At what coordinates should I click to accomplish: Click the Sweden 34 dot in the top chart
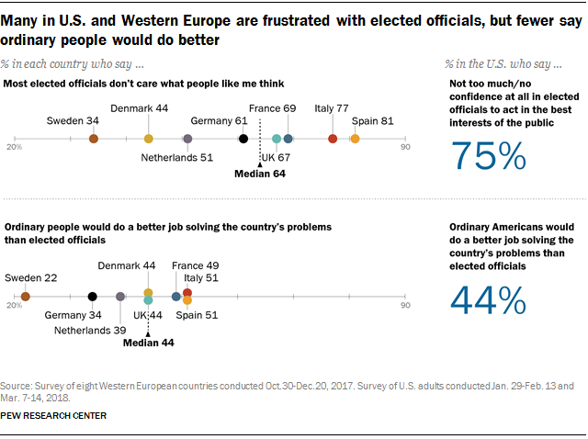(94, 139)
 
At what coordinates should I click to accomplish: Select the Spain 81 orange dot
(355, 139)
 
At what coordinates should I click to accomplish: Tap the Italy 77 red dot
(333, 139)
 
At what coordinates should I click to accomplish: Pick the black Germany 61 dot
(243, 139)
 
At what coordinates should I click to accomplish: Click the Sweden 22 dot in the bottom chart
(26, 297)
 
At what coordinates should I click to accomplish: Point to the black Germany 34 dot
(92, 297)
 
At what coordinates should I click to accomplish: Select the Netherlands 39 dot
(120, 297)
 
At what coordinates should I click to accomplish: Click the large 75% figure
(489, 157)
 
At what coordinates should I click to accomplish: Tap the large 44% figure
(489, 300)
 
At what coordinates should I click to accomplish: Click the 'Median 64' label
(260, 174)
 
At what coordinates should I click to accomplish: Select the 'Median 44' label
(149, 345)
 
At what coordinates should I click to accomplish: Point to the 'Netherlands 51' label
(176, 157)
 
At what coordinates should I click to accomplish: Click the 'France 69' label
(277, 109)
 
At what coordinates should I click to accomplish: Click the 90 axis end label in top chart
(404, 145)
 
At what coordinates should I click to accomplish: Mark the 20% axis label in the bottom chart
(14, 304)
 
